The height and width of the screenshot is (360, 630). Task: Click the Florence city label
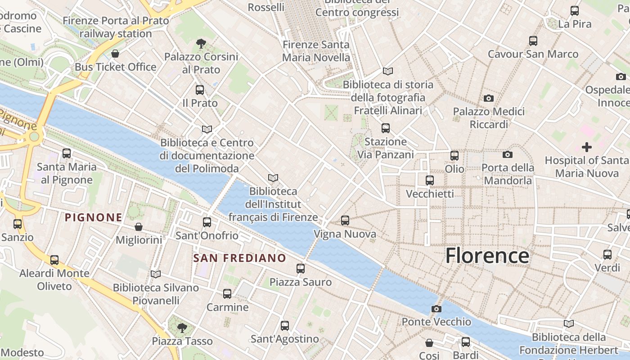[487, 256]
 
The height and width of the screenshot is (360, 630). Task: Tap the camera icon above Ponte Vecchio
[436, 309]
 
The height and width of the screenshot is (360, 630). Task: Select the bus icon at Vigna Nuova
[345, 220]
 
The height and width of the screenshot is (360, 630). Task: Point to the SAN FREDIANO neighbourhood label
[239, 258]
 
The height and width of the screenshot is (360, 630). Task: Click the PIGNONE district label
[94, 218]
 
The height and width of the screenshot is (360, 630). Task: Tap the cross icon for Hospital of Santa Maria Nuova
[587, 147]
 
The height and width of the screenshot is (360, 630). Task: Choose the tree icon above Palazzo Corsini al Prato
[201, 44]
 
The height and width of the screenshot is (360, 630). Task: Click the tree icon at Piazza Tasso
[182, 328]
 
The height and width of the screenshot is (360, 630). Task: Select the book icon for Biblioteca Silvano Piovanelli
[156, 274]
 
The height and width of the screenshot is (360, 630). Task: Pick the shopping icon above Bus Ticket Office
[116, 54]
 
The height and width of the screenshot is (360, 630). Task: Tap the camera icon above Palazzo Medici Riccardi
[489, 98]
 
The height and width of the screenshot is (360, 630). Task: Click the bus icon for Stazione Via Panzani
[386, 128]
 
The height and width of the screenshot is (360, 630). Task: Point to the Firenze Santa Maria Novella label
[316, 51]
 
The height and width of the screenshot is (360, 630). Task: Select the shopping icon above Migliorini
[139, 227]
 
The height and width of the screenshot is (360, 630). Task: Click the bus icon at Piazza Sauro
[301, 269]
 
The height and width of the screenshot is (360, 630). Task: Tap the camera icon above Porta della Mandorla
[508, 155]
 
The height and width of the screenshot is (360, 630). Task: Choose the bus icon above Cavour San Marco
[533, 41]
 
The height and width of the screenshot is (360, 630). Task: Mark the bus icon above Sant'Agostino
[285, 326]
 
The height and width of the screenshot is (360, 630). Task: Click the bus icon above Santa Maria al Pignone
[67, 153]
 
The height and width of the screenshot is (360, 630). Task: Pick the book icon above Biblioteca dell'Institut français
[273, 178]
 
